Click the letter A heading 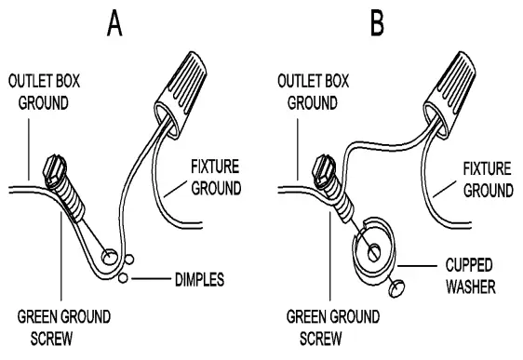coord(114,22)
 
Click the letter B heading coord(377,22)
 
